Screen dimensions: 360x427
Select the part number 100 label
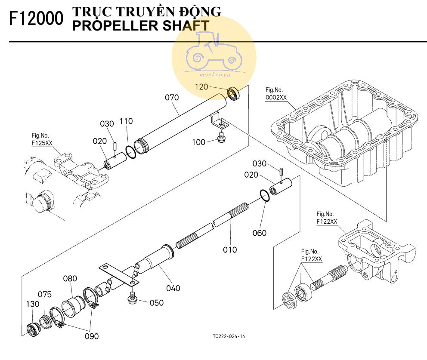(198, 143)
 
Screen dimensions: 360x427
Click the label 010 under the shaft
(230, 249)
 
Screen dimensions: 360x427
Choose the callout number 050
(157, 302)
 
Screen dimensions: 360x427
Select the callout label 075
(44, 294)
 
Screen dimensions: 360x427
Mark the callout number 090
(91, 335)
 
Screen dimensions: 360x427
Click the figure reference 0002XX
(276, 97)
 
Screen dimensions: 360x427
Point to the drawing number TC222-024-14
(229, 336)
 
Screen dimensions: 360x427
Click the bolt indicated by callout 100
(221, 138)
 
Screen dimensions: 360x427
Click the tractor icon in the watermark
(213, 54)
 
